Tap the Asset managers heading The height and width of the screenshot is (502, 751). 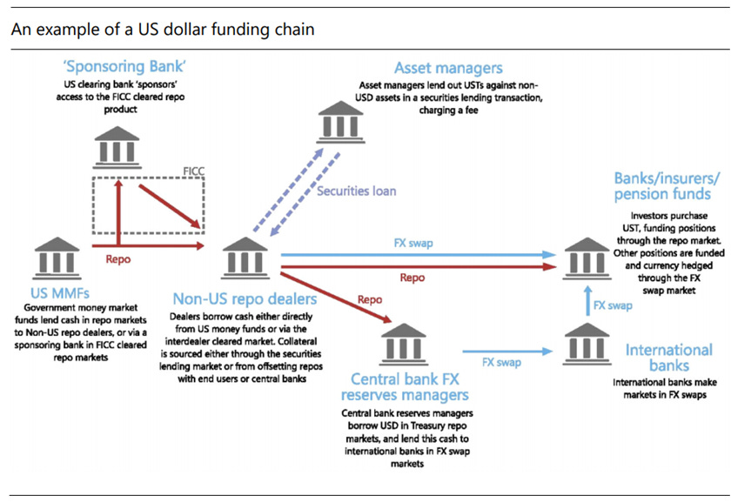[x=448, y=67]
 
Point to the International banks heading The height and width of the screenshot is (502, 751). [x=668, y=358]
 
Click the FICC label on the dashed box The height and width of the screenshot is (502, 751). [x=193, y=171]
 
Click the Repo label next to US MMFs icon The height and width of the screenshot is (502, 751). [x=118, y=258]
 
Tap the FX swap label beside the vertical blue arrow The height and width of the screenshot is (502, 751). [x=613, y=305]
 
